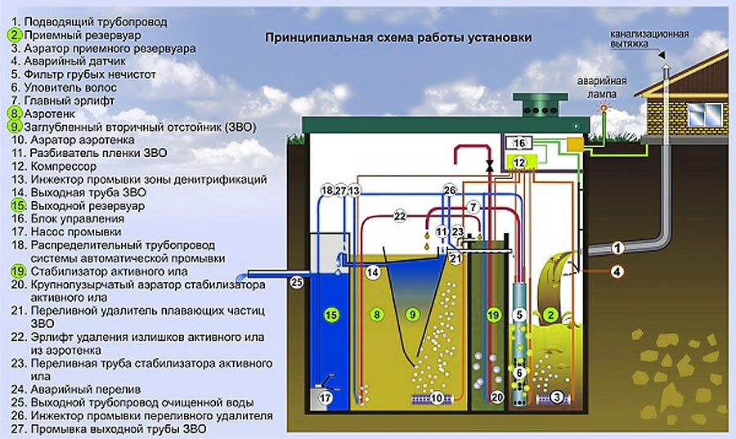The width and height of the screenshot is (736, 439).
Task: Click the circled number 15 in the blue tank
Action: [331, 315]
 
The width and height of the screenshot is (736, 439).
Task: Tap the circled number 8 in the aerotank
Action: [377, 314]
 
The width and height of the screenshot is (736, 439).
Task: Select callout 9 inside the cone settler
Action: [413, 314]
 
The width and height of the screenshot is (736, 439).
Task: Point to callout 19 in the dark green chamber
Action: [493, 315]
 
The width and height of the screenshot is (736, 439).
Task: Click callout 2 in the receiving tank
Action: [551, 315]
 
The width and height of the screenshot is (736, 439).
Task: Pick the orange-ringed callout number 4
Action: [617, 271]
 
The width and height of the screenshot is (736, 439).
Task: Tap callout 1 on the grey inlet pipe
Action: [617, 248]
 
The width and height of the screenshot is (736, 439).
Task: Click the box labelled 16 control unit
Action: [518, 142]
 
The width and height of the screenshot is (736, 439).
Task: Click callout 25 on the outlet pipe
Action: [297, 282]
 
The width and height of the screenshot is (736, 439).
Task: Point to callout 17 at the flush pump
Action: [325, 398]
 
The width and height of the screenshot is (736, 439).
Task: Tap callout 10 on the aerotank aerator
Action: [437, 398]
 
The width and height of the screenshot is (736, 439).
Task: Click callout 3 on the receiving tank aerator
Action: [557, 398]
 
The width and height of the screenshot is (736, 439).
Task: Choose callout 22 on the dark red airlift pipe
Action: [400, 216]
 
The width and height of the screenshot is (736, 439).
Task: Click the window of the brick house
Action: [705, 115]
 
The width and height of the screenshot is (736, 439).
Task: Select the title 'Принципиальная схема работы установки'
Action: [398, 38]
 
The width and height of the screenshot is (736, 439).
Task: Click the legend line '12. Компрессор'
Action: [54, 166]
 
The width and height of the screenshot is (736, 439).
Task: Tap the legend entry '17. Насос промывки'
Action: [66, 231]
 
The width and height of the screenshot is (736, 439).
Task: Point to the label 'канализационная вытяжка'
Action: [649, 39]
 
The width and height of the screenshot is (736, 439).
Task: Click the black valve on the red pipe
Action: [490, 166]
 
